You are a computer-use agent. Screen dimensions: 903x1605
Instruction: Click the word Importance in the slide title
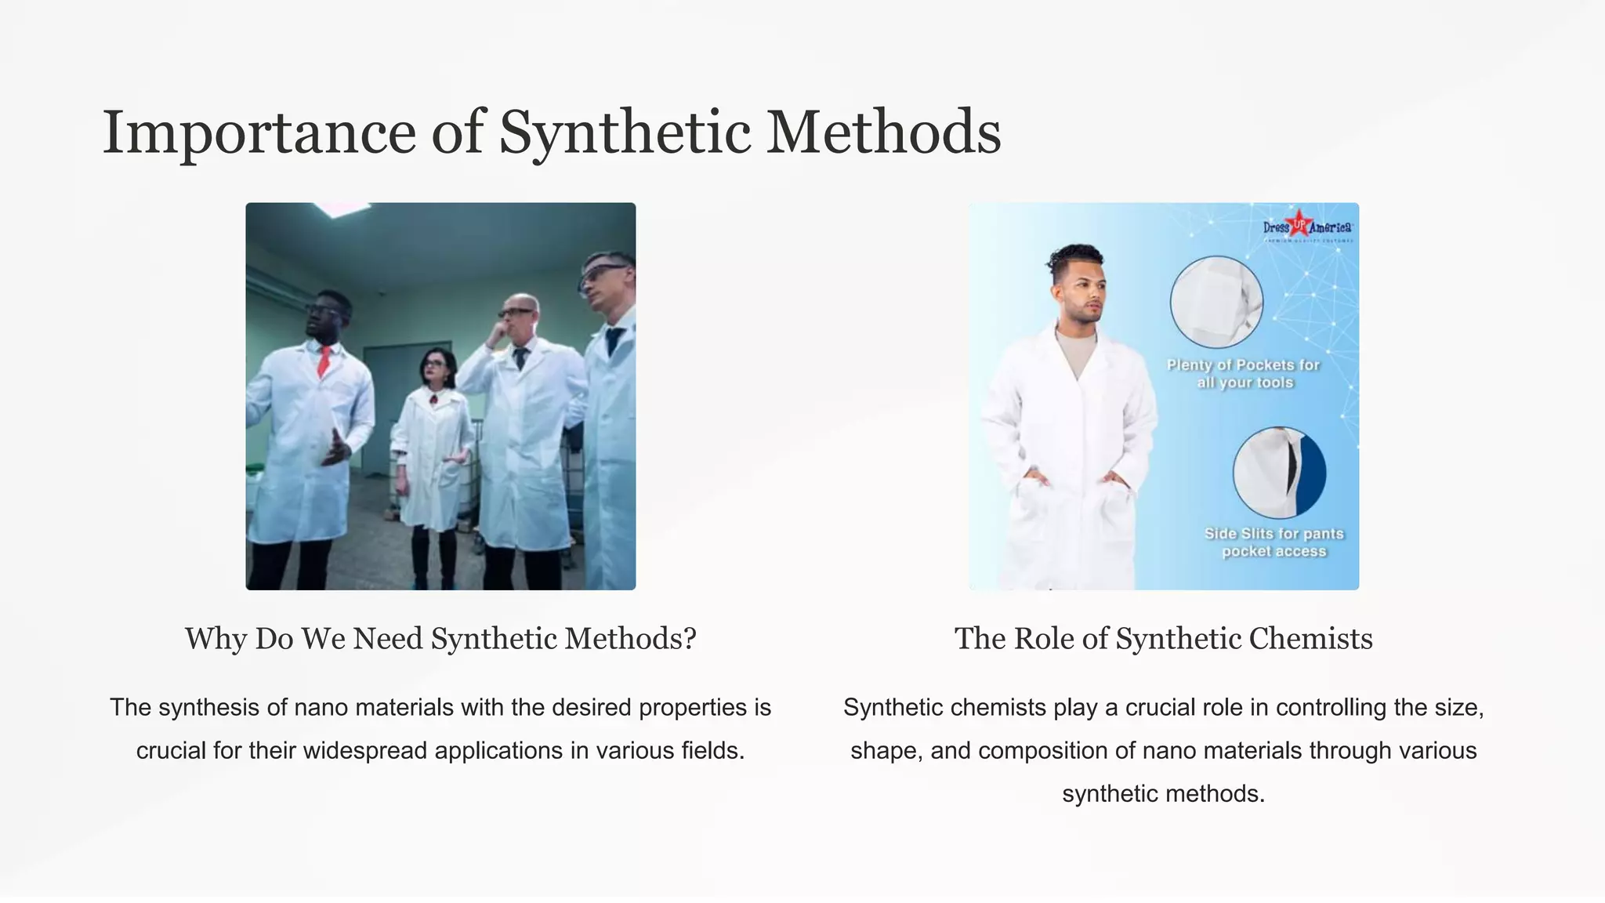259,133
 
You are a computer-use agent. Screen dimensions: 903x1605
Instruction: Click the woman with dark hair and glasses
433,439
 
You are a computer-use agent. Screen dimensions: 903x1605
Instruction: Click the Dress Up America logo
1307,227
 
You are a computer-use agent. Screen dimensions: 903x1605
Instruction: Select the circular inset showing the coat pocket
1216,302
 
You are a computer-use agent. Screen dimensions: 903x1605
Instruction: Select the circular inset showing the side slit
1279,473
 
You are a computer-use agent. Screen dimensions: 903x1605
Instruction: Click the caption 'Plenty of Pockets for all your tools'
1244,374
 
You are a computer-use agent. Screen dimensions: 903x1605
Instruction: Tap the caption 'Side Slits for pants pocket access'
1274,542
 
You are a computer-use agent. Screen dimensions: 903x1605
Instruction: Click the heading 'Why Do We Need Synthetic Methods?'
440,639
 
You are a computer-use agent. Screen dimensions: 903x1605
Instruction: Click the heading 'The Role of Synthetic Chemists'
1163,639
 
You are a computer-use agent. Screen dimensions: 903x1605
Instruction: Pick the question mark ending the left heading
689,639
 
